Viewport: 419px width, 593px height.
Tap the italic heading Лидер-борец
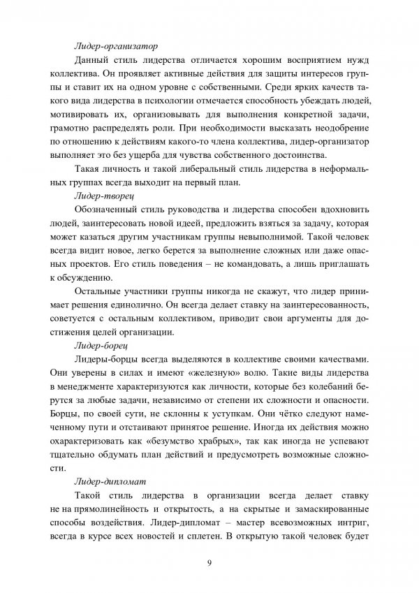101,344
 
